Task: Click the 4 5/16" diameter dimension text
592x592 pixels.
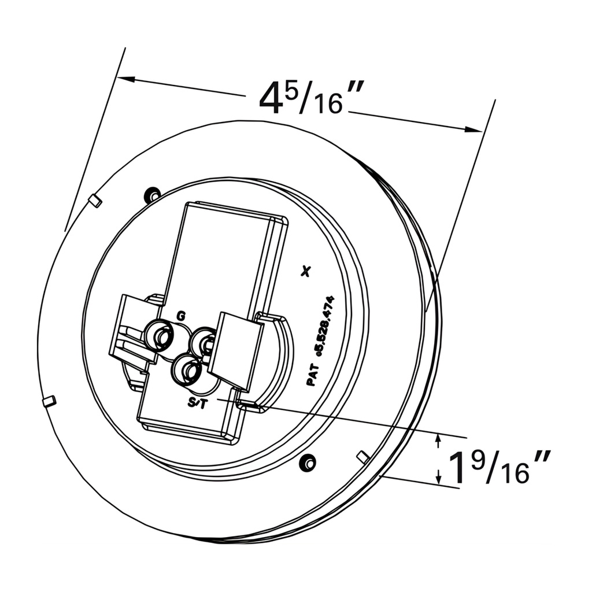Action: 311,98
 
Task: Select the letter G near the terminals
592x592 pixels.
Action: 181,316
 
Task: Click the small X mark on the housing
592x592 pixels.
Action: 307,271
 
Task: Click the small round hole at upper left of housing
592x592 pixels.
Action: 153,194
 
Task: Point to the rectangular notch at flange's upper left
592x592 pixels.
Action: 96,200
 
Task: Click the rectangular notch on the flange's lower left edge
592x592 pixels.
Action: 50,400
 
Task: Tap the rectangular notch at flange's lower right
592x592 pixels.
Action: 363,456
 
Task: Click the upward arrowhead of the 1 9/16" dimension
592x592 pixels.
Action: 438,441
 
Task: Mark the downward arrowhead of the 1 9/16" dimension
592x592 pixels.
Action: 438,478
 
